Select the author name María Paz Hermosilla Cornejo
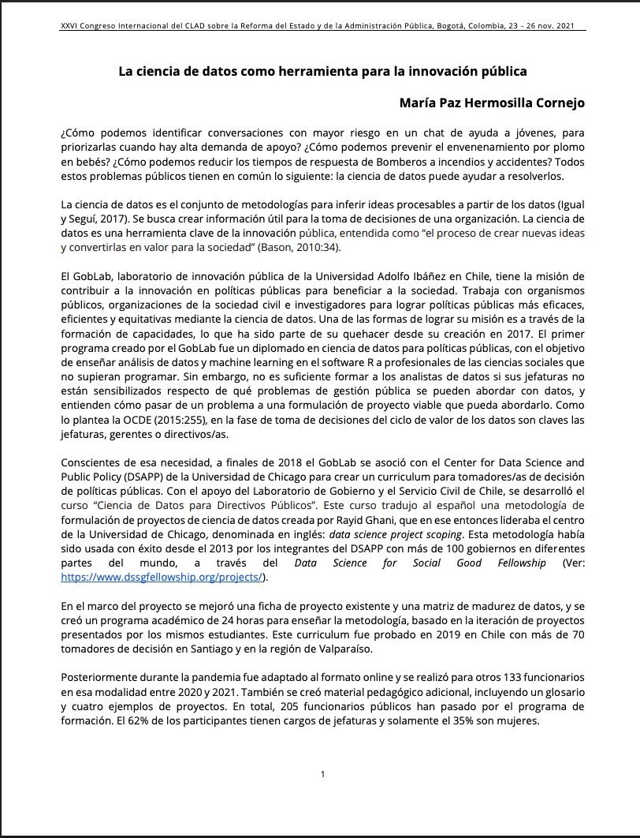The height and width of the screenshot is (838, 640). click(x=492, y=103)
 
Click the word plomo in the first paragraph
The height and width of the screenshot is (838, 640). click(x=568, y=148)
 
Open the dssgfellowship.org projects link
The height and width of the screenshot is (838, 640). click(x=162, y=577)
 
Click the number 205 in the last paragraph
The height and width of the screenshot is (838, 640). click(x=369, y=706)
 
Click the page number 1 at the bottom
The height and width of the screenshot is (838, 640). click(x=322, y=774)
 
